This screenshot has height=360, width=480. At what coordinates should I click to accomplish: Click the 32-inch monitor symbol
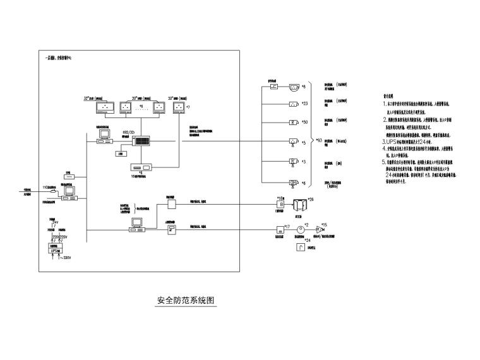[104, 108]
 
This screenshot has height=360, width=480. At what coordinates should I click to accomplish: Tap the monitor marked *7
[179, 108]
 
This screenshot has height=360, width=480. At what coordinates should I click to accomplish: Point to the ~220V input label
[63, 257]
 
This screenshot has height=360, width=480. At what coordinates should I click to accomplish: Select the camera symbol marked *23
[294, 104]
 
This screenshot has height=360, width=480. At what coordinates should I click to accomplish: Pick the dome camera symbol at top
[294, 87]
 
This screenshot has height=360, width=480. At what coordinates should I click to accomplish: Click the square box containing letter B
[280, 205]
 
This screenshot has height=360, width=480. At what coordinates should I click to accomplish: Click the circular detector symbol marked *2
[301, 230]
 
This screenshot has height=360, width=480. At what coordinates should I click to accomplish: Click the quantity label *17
[287, 225]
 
